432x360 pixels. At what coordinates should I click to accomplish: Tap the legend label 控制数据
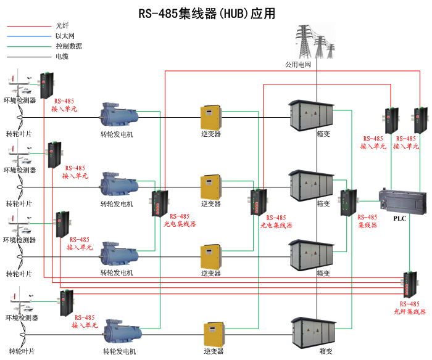[69, 46]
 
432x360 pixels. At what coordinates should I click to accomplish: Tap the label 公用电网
[298, 64]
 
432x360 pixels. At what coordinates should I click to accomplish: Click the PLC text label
[399, 218]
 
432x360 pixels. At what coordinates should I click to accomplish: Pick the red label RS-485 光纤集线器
[410, 308]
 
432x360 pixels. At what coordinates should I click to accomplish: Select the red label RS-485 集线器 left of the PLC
[368, 221]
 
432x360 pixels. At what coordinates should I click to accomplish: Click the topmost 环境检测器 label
[20, 99]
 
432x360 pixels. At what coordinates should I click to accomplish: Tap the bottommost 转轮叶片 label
[20, 351]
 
